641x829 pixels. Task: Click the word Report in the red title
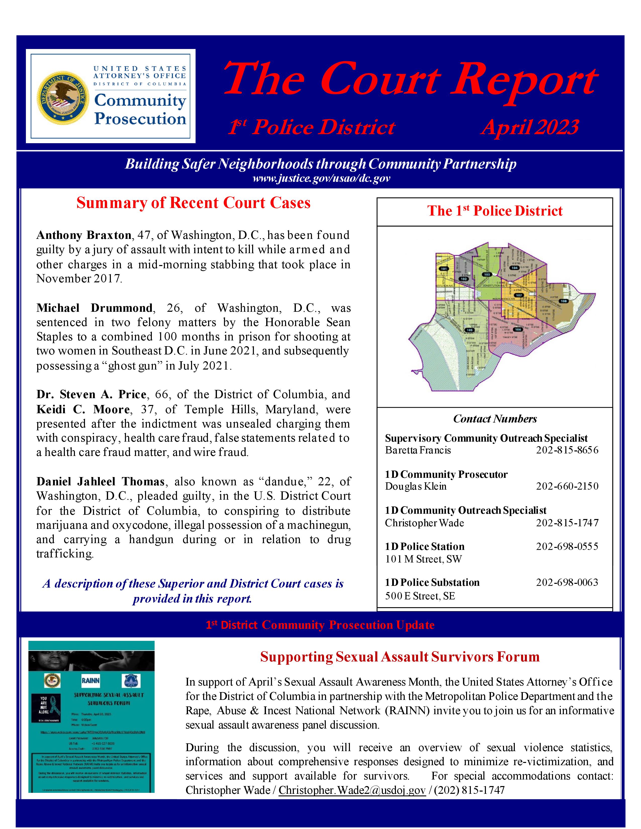point(524,80)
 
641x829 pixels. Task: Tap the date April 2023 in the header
point(529,127)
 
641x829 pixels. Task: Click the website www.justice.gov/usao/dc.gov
point(321,178)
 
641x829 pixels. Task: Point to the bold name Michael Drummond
point(95,308)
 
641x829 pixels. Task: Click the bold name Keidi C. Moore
point(83,409)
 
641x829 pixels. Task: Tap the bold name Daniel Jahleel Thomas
point(100,482)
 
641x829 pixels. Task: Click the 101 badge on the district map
point(443,269)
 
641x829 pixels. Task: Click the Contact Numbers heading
point(495,419)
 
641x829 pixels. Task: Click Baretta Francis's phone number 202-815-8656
point(567,450)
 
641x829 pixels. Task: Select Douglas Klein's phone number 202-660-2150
point(567,486)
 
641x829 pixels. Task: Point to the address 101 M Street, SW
point(423,559)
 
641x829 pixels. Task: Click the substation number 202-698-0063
point(567,582)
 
